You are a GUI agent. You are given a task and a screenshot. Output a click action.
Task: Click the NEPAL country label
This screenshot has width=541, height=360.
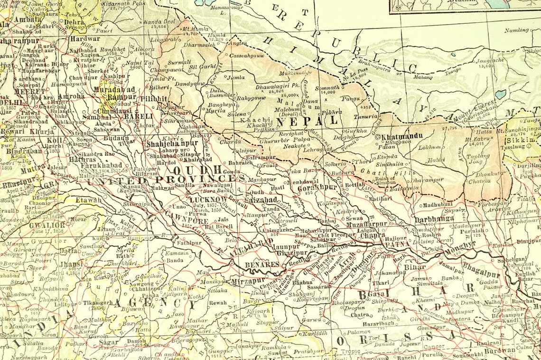pyautogui.click(x=307, y=121)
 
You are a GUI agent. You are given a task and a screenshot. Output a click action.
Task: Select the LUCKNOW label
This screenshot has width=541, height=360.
pyautogui.click(x=208, y=199)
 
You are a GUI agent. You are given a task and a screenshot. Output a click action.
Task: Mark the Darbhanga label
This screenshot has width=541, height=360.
pyautogui.click(x=434, y=219)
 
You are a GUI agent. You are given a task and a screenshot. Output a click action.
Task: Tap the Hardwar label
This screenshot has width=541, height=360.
pyautogui.click(x=85, y=39)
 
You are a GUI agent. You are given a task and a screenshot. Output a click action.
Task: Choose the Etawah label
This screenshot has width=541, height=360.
pyautogui.click(x=88, y=200)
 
